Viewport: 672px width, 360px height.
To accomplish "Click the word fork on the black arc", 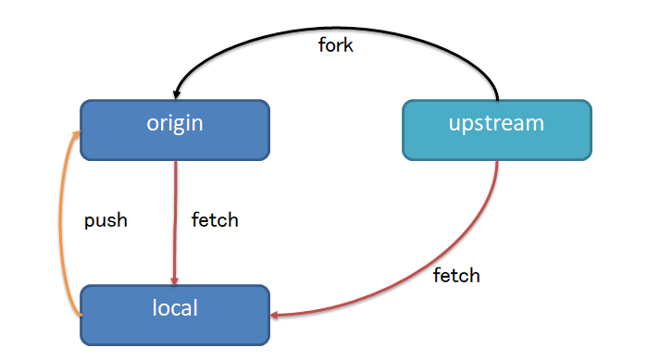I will (335, 45).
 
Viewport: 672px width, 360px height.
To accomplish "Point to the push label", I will (106, 220).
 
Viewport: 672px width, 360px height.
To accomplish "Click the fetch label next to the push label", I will (215, 220).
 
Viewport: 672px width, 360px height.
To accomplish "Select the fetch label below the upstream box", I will (457, 275).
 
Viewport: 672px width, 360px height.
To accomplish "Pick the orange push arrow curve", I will (62, 222).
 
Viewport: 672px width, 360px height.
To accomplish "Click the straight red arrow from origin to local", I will (175, 222).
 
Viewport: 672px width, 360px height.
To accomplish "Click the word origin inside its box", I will (174, 124).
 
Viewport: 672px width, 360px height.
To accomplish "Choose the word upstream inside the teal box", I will (496, 124).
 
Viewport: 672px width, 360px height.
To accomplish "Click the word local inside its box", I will (175, 307).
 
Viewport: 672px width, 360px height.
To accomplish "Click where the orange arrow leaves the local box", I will (81, 316).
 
